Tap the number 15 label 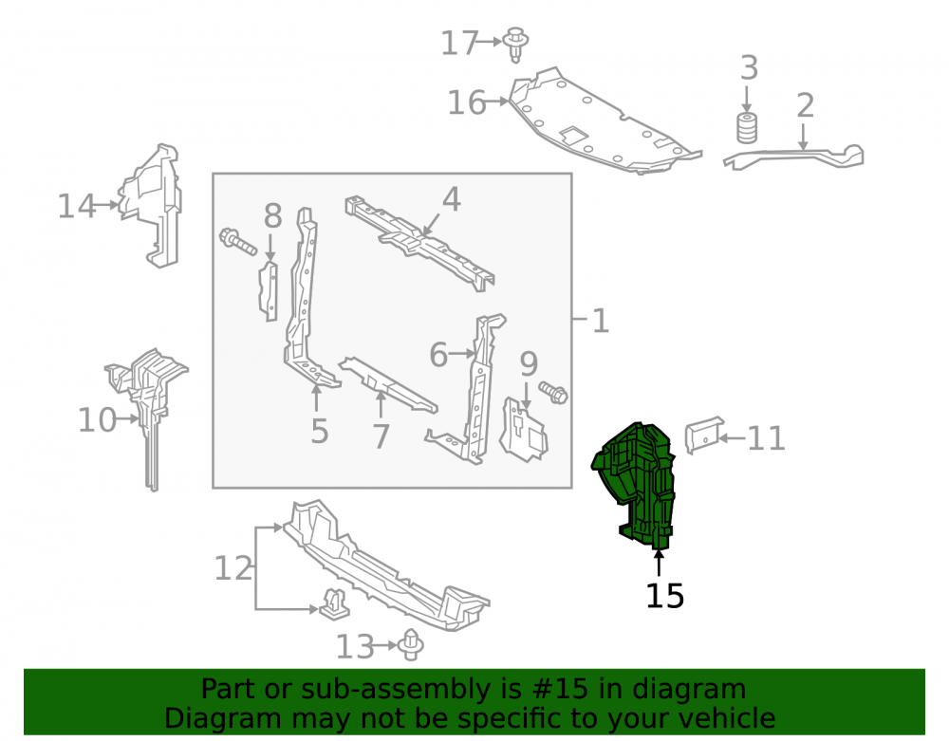click(664, 597)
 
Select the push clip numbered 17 click(515, 44)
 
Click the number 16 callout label click(466, 102)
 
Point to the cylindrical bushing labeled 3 click(747, 128)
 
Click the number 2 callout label click(805, 106)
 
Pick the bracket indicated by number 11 click(704, 434)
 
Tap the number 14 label click(77, 207)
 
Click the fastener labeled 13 click(412, 644)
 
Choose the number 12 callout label click(233, 568)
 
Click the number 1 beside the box click(600, 321)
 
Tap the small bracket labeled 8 click(269, 291)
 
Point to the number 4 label click(452, 199)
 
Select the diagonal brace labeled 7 click(387, 384)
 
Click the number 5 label click(320, 432)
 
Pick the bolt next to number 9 click(553, 393)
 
